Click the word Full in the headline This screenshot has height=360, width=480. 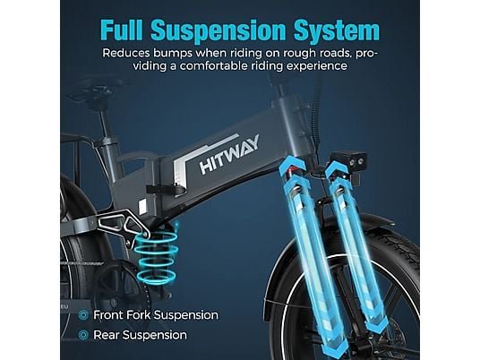coord(122,30)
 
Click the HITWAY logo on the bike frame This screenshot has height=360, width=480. coord(229,154)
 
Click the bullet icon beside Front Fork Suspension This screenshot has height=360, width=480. coord(83,315)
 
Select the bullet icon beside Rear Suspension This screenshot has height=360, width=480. coord(83,335)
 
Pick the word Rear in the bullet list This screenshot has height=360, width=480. coord(106,335)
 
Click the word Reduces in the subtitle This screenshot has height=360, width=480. coord(126,53)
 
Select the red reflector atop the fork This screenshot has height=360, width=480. coord(290,169)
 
